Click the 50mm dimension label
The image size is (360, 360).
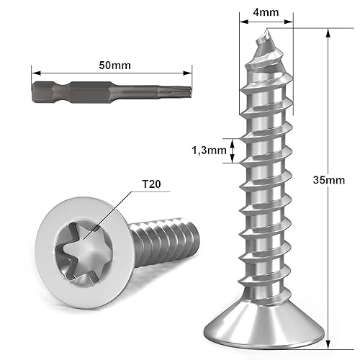[x=112, y=65]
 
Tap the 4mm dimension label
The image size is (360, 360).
[x=266, y=12]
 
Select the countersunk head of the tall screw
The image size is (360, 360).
[x=268, y=325]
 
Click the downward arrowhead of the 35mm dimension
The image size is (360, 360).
[x=328, y=338]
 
